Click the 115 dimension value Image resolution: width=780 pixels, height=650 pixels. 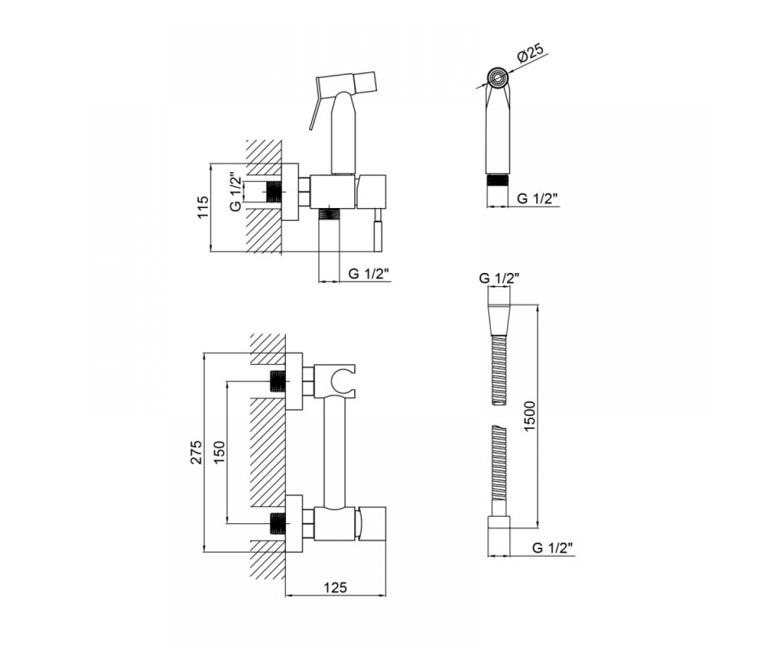202,207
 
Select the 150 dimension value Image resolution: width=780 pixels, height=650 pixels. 220,452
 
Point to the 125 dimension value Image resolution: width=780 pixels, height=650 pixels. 335,588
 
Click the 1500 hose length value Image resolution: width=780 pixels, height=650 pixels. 530,417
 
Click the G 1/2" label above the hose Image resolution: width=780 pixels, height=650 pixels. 499,278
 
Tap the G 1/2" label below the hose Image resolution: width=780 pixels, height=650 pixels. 552,548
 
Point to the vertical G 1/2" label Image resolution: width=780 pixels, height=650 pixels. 236,192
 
